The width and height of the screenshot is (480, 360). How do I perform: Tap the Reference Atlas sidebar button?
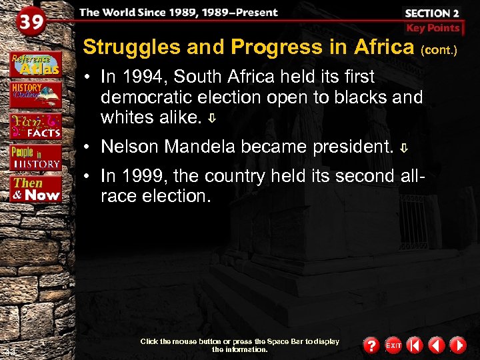(35, 63)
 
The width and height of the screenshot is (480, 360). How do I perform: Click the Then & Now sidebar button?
(36, 189)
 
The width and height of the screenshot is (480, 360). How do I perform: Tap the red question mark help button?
(371, 345)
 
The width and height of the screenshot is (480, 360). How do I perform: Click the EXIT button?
(393, 345)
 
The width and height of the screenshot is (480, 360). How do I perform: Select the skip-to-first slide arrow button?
(415, 345)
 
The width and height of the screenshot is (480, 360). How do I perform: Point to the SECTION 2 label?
(433, 12)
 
